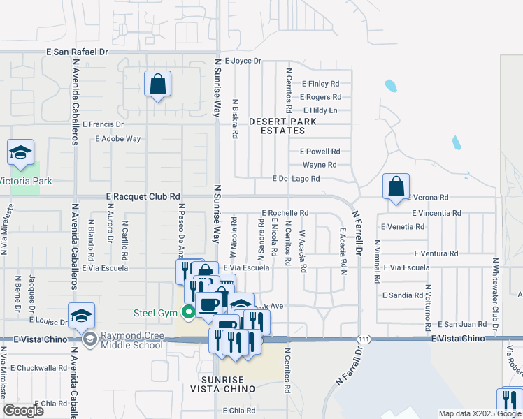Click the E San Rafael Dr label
point(78,52)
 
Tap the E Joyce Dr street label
point(242,61)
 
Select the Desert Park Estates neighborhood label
point(289,126)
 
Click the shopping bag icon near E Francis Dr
point(158,84)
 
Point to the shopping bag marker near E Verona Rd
point(396,186)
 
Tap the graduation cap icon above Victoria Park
point(21,153)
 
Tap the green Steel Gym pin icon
point(187,311)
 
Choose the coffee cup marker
point(209,304)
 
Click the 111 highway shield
point(362,338)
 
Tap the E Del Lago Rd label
point(296,179)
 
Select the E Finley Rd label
point(320,84)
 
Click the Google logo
point(23,411)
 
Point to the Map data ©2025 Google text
point(479,413)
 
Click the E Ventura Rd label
point(436,253)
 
